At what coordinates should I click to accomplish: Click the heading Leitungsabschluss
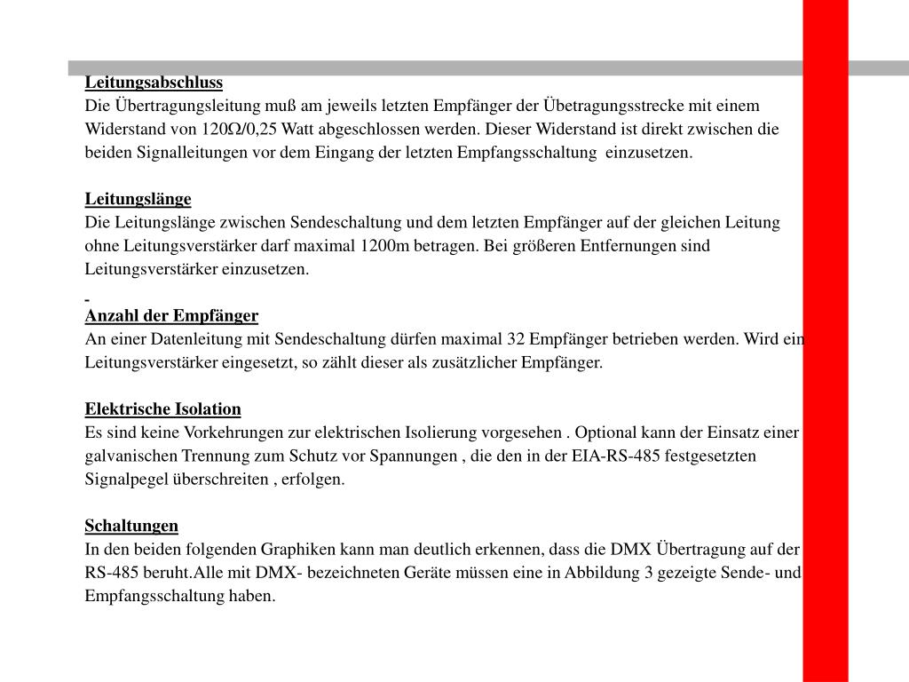pos(154,83)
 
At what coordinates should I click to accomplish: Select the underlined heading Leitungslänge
pos(138,198)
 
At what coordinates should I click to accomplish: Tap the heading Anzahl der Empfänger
pos(171,315)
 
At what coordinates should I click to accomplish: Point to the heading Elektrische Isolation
pos(162,408)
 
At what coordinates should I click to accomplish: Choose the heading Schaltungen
pos(131,525)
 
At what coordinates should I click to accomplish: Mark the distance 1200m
pos(385,245)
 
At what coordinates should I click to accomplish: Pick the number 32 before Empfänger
pos(517,338)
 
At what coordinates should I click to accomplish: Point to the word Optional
pos(605,432)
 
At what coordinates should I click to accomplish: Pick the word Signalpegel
pos(126,479)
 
